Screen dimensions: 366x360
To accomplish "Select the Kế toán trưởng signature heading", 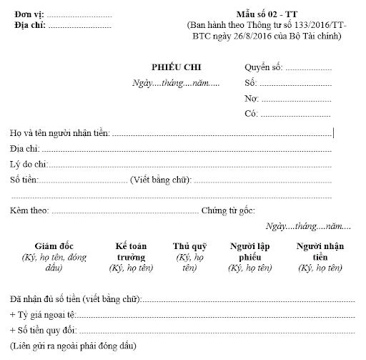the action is click(x=132, y=251).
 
